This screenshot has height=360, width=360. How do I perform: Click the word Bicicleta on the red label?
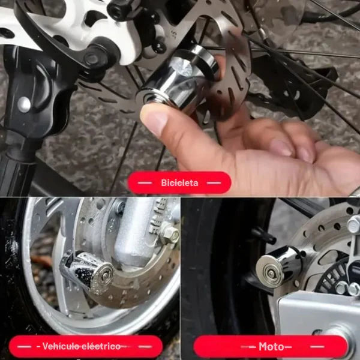point(179,183)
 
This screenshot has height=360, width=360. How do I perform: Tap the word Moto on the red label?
point(271,346)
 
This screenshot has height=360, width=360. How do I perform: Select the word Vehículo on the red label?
point(59,346)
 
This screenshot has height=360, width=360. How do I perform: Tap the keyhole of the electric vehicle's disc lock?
point(105,276)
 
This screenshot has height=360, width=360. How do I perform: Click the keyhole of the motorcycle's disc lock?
point(271,274)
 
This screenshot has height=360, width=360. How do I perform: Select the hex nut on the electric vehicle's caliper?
point(170,233)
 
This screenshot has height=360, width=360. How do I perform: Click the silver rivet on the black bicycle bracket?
point(24,104)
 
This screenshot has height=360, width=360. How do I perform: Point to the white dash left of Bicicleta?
point(145,183)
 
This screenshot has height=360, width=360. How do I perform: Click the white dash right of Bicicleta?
point(214,183)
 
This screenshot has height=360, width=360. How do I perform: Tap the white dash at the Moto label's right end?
point(317,347)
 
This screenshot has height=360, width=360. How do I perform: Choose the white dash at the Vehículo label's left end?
point(24,346)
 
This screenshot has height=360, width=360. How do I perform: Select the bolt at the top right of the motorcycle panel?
point(354,224)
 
